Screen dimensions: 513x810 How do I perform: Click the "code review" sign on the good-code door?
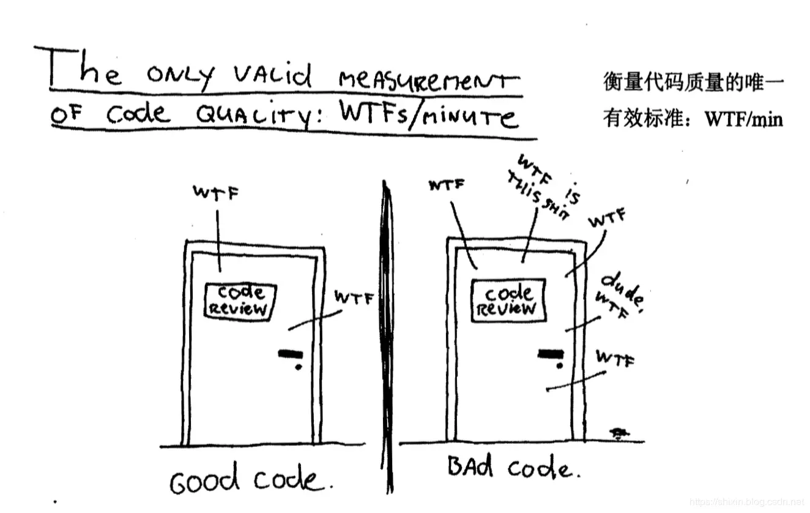[239, 301]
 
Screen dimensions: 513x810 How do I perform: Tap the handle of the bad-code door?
[550, 354]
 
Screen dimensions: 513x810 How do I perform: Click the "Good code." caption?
[251, 481]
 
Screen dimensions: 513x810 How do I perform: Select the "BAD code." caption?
[510, 469]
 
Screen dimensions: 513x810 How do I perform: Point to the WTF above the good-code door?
[215, 193]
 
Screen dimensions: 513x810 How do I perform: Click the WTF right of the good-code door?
[353, 298]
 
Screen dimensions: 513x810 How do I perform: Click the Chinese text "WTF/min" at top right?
[744, 119]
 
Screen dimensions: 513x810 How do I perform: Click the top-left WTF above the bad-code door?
[446, 185]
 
